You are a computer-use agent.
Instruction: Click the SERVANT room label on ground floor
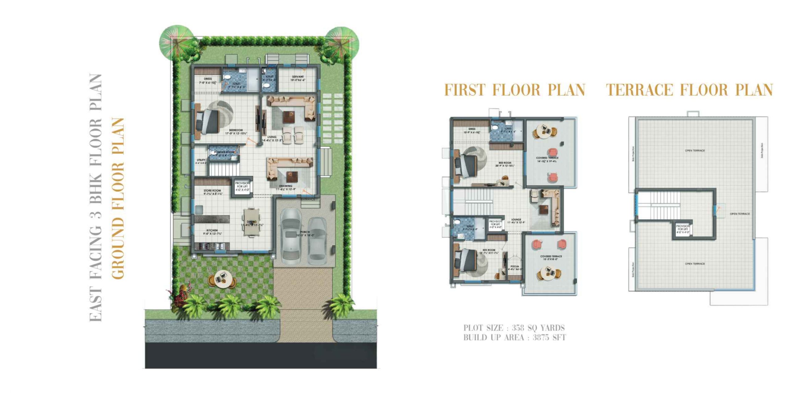pos(298,77)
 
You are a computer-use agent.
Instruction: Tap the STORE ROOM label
pos(212,191)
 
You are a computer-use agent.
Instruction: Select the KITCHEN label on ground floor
pos(212,231)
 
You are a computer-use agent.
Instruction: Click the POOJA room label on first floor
pos(514,266)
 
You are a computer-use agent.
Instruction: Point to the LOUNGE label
pos(516,220)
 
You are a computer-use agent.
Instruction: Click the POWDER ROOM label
pos(224,152)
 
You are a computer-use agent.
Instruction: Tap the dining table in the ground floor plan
pos(252,222)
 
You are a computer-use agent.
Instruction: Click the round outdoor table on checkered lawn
pos(222,279)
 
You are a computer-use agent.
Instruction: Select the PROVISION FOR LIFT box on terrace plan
pos(682,229)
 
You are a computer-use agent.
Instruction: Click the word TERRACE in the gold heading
pos(639,90)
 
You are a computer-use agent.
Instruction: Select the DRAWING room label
pos(285,186)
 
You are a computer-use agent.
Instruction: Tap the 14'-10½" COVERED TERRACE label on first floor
pos(547,158)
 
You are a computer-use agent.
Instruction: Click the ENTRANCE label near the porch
pos(308,200)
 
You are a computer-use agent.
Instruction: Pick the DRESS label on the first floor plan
pos(472,129)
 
